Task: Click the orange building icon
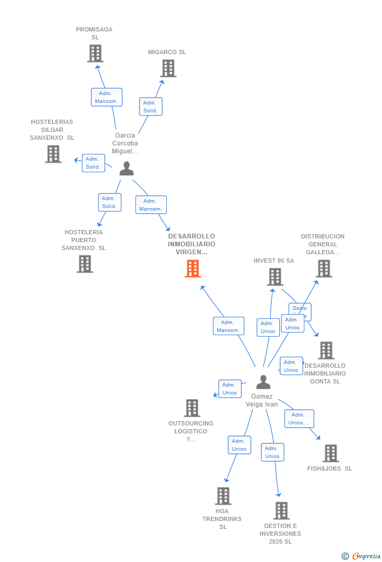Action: [x=193, y=268]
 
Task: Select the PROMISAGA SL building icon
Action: [x=95, y=54]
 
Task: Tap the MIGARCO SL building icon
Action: [x=168, y=68]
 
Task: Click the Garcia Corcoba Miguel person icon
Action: [x=126, y=169]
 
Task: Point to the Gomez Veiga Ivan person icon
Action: [x=263, y=382]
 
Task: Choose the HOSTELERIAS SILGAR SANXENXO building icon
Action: [x=53, y=154]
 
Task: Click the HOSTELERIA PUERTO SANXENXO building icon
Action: [x=84, y=264]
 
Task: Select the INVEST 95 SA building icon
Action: [x=274, y=277]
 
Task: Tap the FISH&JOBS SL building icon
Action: [x=330, y=453]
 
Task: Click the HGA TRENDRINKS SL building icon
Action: [x=223, y=496]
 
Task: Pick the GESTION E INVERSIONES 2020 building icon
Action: [x=281, y=511]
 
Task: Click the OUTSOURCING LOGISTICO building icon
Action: [x=192, y=408]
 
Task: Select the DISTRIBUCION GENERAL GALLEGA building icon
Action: [x=324, y=268]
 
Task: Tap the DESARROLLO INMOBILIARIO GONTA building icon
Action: [x=326, y=350]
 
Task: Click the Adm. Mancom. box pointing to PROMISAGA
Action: [x=107, y=97]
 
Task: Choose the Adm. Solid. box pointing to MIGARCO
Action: [x=151, y=107]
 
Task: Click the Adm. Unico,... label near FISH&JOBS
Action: [x=300, y=419]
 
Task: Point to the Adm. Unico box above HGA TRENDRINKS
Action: [x=239, y=445]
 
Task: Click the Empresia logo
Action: [x=362, y=556]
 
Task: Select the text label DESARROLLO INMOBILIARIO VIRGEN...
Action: [x=192, y=244]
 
